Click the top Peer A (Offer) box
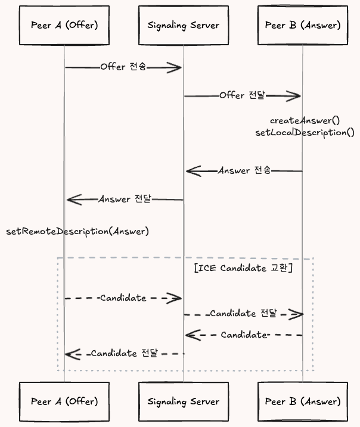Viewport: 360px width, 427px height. (x=64, y=25)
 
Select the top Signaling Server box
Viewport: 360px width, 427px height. (x=183, y=25)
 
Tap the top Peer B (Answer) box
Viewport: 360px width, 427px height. (x=302, y=25)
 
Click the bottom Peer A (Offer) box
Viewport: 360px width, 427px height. (x=64, y=401)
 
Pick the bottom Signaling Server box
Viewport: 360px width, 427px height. (x=183, y=401)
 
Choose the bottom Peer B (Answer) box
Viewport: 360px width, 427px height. (x=302, y=401)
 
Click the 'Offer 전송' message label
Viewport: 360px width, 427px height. (x=122, y=67)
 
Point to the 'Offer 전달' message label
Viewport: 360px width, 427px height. (x=241, y=95)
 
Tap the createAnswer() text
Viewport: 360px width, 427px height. (x=305, y=121)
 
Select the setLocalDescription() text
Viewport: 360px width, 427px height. (x=305, y=132)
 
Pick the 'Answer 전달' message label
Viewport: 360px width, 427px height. (x=125, y=199)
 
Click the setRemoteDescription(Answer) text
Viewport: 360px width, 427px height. (x=77, y=231)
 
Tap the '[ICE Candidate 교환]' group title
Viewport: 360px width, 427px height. (x=243, y=268)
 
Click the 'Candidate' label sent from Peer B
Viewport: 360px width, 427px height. (x=243, y=335)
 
